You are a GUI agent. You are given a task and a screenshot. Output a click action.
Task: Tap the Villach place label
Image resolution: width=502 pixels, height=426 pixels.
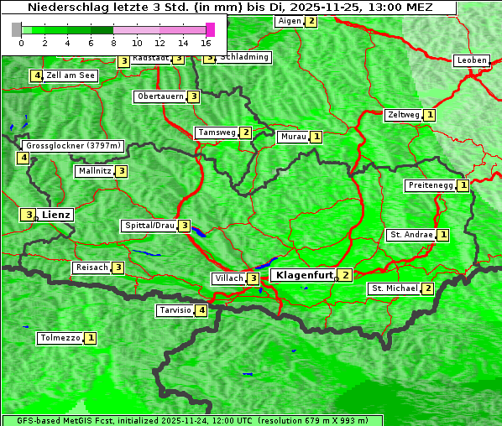(228, 278)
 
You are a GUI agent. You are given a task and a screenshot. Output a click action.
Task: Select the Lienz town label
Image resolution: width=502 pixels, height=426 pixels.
(56, 215)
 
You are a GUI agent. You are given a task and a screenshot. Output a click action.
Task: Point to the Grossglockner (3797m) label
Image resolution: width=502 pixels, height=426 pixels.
(73, 146)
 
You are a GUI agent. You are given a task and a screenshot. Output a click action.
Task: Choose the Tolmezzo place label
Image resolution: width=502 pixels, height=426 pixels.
(60, 338)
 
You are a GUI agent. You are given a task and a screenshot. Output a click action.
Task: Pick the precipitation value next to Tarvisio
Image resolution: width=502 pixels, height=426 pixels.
(201, 310)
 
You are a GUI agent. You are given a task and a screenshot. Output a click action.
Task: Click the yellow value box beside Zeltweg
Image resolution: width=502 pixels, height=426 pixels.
(430, 115)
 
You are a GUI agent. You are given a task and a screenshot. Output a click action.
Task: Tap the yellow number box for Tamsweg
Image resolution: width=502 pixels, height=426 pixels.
(245, 132)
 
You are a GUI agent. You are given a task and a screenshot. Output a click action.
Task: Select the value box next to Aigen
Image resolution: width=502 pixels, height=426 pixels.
(311, 21)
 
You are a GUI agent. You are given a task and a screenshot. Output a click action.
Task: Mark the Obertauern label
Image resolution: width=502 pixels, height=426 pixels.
(160, 96)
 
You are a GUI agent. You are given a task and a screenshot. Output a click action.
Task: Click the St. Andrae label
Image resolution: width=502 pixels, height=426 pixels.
(410, 235)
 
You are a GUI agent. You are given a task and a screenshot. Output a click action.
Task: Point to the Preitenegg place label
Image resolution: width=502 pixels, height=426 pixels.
(431, 185)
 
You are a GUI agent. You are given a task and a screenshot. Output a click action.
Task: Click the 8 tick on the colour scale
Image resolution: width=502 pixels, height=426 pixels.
(113, 43)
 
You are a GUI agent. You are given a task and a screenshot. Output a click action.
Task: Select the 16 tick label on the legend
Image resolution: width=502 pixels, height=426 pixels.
(207, 43)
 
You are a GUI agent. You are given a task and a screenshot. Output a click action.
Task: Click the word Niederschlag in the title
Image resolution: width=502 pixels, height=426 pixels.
(63, 8)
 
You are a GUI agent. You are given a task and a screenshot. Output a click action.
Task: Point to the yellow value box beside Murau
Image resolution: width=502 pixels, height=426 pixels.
(316, 136)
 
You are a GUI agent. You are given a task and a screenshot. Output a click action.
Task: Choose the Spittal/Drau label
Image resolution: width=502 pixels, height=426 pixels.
(149, 226)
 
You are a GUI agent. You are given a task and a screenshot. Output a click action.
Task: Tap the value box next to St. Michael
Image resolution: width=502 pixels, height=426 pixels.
(427, 288)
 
